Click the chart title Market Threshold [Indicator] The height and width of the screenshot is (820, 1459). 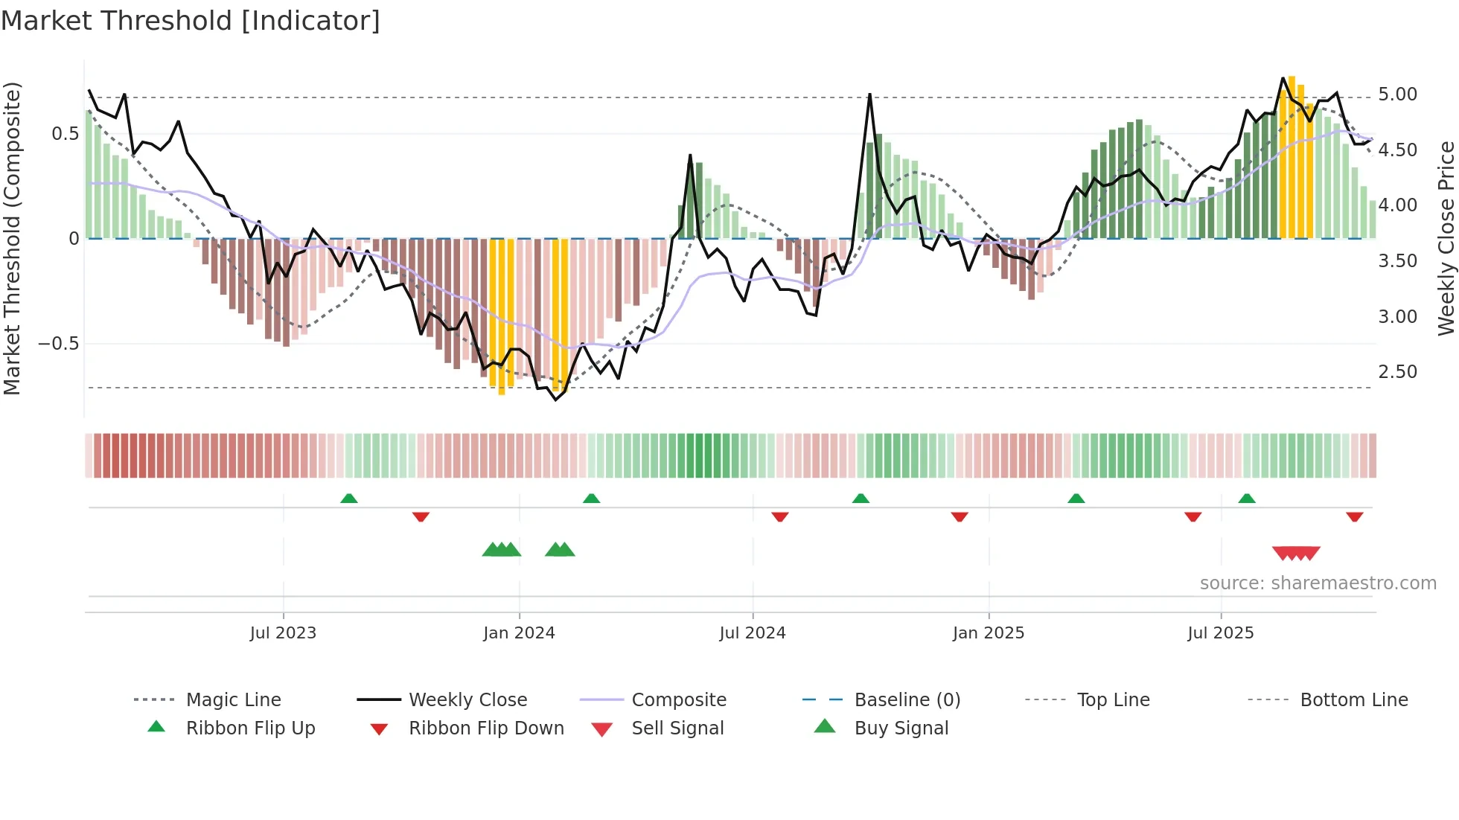tap(191, 21)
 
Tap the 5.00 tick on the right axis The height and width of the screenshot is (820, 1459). tap(1397, 95)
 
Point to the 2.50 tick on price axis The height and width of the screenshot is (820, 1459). tap(1397, 372)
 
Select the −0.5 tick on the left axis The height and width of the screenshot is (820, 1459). tap(58, 344)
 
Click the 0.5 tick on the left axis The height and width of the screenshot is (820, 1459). tap(65, 134)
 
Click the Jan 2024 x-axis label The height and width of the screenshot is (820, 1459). tap(519, 633)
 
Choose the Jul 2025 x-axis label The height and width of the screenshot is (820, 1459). tap(1220, 633)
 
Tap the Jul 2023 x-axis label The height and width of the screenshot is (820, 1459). tap(283, 633)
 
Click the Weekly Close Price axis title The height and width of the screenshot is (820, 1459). tap(1446, 238)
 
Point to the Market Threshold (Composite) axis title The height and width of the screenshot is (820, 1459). tap(12, 238)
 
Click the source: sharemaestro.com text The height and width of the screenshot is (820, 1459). tap(1318, 583)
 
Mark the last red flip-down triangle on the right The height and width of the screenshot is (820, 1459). tap(1354, 516)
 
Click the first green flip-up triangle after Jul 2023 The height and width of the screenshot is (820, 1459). tap(348, 499)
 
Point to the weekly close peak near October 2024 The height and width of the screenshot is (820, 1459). tap(869, 95)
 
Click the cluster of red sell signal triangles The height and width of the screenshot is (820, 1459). tap(1296, 553)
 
